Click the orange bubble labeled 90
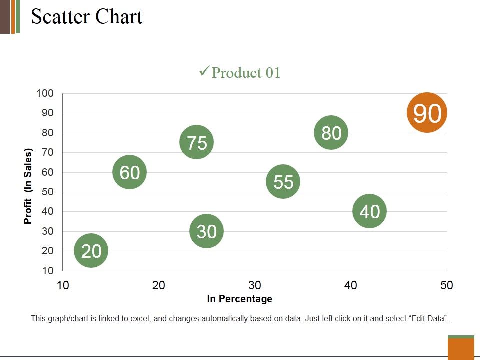click(x=427, y=113)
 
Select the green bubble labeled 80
click(x=331, y=133)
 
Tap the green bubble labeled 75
click(x=197, y=143)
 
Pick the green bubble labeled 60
click(x=130, y=172)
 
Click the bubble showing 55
click(x=283, y=182)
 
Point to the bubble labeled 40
click(x=370, y=211)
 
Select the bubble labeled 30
click(x=206, y=231)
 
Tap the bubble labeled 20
click(x=91, y=251)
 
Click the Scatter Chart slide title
click(x=87, y=17)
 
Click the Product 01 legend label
click(x=246, y=73)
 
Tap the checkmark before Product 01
click(x=204, y=72)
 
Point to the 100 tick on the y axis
click(x=45, y=93)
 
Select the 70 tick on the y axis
click(x=47, y=152)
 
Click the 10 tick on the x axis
click(x=62, y=285)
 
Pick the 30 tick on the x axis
click(x=255, y=285)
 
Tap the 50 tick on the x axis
click(x=446, y=285)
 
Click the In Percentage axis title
click(x=240, y=299)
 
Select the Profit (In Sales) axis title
click(x=28, y=186)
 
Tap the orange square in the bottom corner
click(x=461, y=348)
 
